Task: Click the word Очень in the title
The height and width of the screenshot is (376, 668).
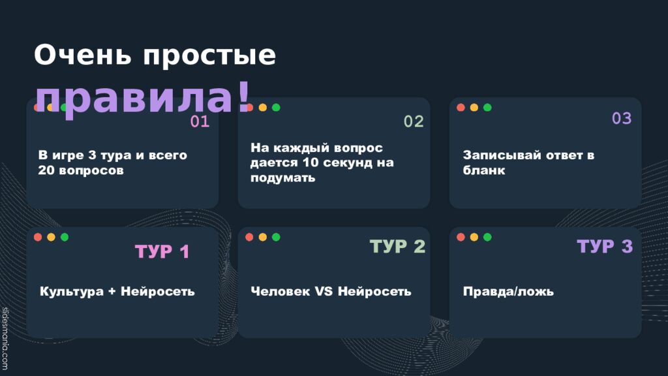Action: tap(83, 55)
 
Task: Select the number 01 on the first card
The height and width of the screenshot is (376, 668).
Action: tap(200, 121)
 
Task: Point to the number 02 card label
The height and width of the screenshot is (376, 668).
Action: tap(414, 121)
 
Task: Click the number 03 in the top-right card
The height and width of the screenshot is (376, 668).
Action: tap(622, 118)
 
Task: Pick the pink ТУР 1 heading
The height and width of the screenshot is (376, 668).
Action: tap(162, 251)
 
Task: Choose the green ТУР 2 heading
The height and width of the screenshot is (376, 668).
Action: tap(397, 246)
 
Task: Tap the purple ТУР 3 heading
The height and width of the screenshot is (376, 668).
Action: tap(605, 246)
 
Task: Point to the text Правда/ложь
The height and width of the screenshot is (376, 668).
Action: tap(508, 291)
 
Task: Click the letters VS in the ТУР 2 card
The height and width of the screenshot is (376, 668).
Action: tap(324, 291)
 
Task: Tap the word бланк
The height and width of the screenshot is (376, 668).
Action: tap(484, 170)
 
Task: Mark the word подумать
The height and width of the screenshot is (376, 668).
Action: tap(283, 178)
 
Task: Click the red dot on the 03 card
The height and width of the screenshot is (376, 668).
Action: tap(461, 108)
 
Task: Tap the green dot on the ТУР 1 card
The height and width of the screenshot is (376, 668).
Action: tap(65, 237)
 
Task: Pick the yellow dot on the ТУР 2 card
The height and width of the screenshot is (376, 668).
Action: tap(263, 237)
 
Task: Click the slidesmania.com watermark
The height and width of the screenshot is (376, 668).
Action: tap(5, 339)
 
